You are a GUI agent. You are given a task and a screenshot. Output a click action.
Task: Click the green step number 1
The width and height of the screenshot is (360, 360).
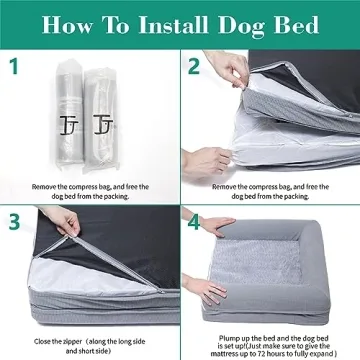click(15, 68)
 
